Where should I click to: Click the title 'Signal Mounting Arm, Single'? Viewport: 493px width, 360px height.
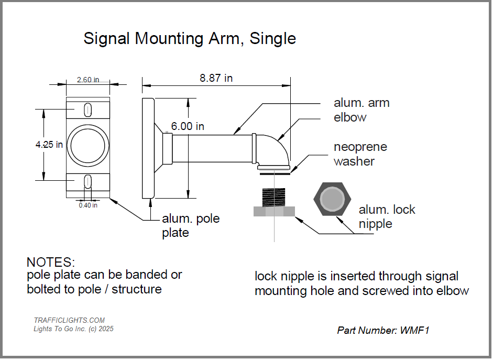[x=190, y=38]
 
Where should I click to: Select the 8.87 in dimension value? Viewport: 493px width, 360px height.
[x=216, y=78]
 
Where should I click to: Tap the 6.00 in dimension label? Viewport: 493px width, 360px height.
[x=188, y=126]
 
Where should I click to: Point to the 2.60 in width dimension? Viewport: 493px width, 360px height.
[x=87, y=80]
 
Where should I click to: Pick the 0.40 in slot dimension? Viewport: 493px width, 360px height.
[x=88, y=205]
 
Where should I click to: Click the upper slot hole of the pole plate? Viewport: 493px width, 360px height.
[x=88, y=109]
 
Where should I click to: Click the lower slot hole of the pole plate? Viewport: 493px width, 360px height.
[x=88, y=181]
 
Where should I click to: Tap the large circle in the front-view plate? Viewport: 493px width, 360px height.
[x=88, y=145]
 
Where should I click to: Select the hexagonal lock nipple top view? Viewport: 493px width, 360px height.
[x=332, y=200]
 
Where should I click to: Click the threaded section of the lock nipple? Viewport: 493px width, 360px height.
[x=274, y=197]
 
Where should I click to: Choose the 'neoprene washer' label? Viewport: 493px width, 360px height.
[x=360, y=154]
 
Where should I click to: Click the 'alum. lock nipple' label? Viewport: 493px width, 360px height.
[x=386, y=216]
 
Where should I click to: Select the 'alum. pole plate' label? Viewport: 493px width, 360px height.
[x=190, y=225]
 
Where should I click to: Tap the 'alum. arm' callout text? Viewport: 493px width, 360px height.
[x=361, y=103]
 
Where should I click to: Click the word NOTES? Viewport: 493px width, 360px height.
[x=51, y=262]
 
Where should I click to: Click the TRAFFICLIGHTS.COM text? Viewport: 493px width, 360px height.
[x=69, y=320]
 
